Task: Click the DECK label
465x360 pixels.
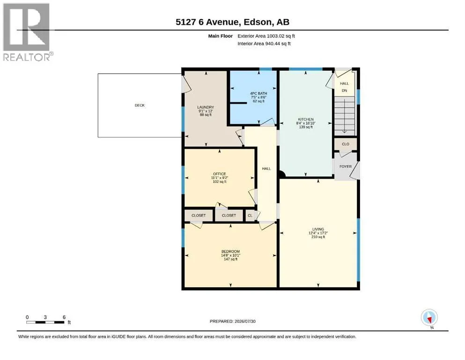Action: pyautogui.click(x=140, y=105)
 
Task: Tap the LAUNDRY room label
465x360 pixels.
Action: pyautogui.click(x=206, y=107)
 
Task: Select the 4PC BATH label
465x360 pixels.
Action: pyautogui.click(x=258, y=93)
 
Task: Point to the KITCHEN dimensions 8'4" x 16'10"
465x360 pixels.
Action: pyautogui.click(x=306, y=123)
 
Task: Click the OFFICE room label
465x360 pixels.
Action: pyautogui.click(x=220, y=174)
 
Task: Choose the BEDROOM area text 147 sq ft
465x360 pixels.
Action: pyautogui.click(x=230, y=259)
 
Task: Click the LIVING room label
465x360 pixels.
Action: pyautogui.click(x=318, y=229)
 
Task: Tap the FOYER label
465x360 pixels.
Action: pyautogui.click(x=346, y=166)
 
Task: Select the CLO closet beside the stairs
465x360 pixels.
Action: pyautogui.click(x=346, y=144)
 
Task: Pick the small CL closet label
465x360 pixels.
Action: pyautogui.click(x=250, y=216)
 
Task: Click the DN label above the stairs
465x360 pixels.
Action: pyautogui.click(x=344, y=90)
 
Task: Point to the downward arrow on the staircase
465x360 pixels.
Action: pyautogui.click(x=344, y=116)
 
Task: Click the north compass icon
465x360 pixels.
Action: pyautogui.click(x=429, y=317)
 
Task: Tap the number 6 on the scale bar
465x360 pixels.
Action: pyautogui.click(x=64, y=317)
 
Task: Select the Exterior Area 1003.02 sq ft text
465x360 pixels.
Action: pyautogui.click(x=266, y=36)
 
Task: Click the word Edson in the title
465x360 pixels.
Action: pyautogui.click(x=258, y=22)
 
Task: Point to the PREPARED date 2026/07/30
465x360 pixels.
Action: pyautogui.click(x=245, y=321)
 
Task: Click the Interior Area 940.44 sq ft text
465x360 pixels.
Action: pyautogui.click(x=264, y=44)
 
